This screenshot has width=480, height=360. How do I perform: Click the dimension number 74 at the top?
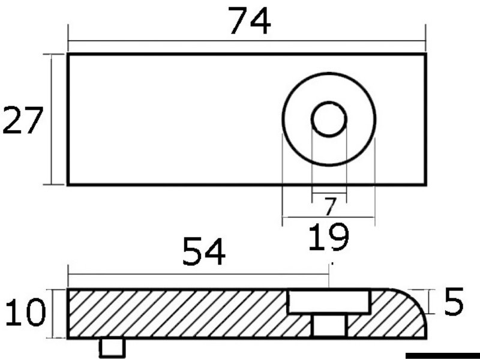coord(250,20)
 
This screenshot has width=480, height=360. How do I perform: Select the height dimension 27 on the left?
coord(22,121)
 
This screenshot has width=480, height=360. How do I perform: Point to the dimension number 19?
coord(328,236)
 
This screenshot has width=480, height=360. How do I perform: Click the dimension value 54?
coord(204,251)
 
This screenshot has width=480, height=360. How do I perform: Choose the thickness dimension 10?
coord(26,312)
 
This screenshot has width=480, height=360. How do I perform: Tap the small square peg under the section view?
coord(112,348)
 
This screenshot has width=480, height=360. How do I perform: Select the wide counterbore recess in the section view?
coord(329,302)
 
